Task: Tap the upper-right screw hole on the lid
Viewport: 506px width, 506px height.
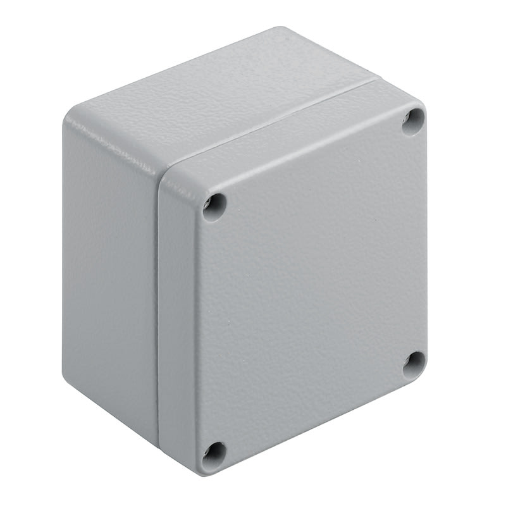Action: (414, 120)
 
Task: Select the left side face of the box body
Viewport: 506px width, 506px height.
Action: (108, 266)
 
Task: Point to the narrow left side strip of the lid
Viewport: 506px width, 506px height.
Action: (177, 316)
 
